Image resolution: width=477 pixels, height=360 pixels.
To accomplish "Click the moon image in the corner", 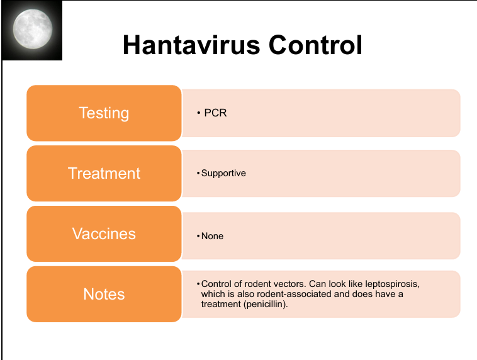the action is pyautogui.click(x=32, y=30).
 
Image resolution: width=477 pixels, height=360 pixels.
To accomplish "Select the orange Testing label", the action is pyautogui.click(x=104, y=113).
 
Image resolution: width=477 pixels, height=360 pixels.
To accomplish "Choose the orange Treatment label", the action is pyautogui.click(x=104, y=173).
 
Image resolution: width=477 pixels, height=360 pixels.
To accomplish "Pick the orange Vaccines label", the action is pyautogui.click(x=104, y=233).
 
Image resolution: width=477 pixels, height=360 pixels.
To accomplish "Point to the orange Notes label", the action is pyautogui.click(x=104, y=294).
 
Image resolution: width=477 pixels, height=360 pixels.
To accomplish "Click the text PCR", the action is pyautogui.click(x=215, y=113).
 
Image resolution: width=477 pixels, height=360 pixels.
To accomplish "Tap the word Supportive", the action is pyautogui.click(x=223, y=174).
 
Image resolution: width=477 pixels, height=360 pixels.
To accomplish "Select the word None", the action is pyautogui.click(x=212, y=236).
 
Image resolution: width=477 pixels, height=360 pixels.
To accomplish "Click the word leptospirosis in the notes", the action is pyautogui.click(x=393, y=284).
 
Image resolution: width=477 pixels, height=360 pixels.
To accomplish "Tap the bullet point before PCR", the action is pyautogui.click(x=199, y=113).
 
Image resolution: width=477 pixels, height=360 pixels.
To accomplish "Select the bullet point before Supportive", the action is pyautogui.click(x=198, y=173).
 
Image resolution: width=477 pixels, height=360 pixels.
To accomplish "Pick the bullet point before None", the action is pyautogui.click(x=198, y=236).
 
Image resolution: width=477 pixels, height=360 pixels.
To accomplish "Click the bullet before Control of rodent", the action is pyautogui.click(x=198, y=284).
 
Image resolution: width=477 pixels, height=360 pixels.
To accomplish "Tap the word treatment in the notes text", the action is pyautogui.click(x=221, y=305).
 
